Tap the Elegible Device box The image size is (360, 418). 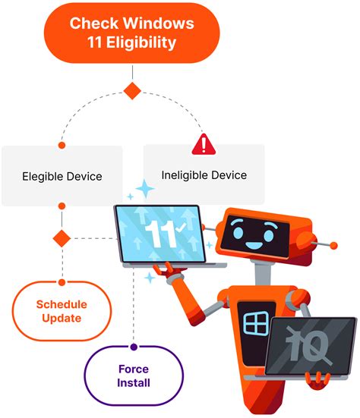[62, 176]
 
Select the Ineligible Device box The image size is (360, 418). [204, 174]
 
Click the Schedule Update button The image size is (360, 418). [62, 311]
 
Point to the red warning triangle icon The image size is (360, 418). [204, 143]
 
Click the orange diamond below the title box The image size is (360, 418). [133, 91]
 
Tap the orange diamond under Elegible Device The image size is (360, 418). [62, 238]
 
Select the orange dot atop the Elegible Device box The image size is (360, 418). [62, 144]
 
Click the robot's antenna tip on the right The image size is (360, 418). [332, 245]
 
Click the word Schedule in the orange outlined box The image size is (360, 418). [62, 304]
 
